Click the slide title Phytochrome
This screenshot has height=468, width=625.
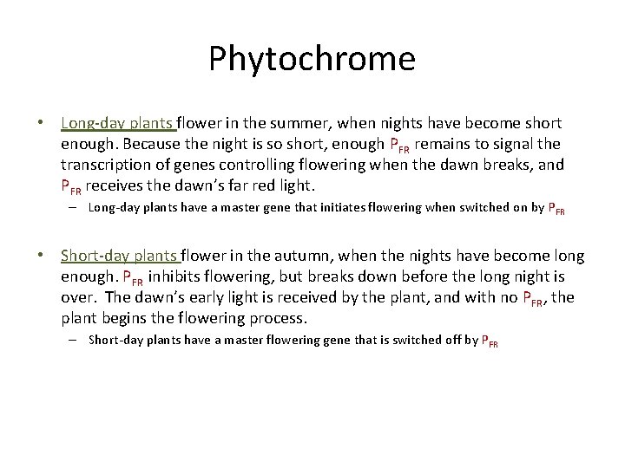pyautogui.click(x=312, y=59)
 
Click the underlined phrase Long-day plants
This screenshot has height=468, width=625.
pyautogui.click(x=117, y=123)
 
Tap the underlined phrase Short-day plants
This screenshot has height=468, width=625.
pyautogui.click(x=119, y=256)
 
